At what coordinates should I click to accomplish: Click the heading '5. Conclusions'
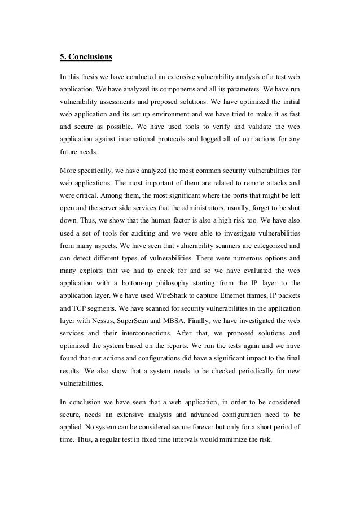pos(86,56)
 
